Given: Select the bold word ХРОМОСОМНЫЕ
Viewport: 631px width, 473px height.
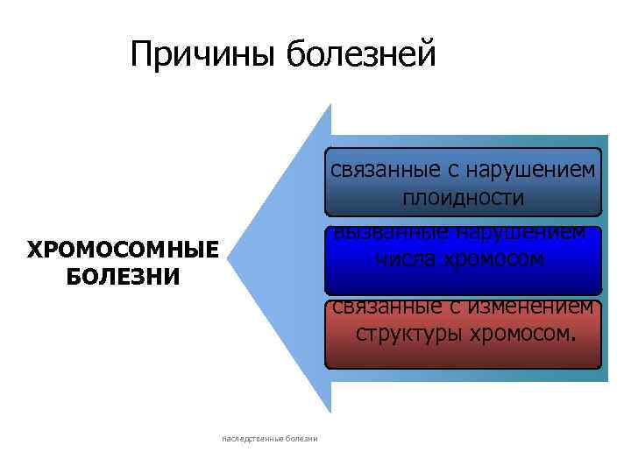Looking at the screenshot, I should click(x=122, y=251).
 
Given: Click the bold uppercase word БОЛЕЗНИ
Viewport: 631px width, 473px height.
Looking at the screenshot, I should click(x=122, y=277).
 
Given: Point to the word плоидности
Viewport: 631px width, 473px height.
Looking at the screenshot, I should click(x=464, y=198).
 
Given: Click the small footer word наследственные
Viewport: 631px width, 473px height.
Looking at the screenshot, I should click(x=251, y=438).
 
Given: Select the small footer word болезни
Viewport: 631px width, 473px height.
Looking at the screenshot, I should click(x=300, y=438).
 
